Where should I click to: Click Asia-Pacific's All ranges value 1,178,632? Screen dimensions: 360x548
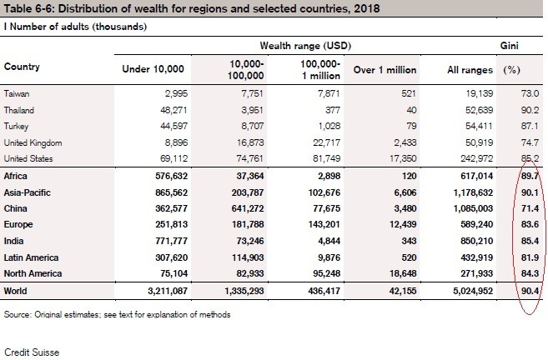pos(465,192)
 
